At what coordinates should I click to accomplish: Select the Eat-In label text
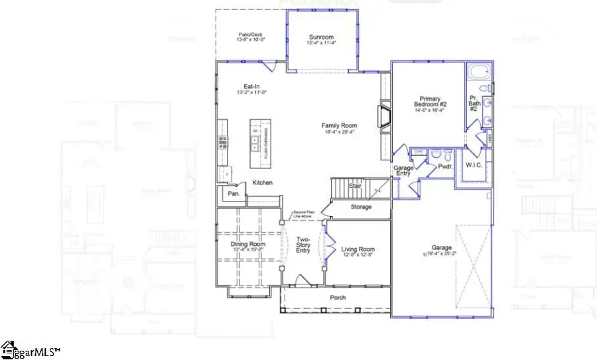tap(251, 87)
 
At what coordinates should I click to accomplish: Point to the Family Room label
tap(339, 125)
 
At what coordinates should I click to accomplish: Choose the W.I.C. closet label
tap(474, 164)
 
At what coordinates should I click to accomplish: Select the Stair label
tap(356, 186)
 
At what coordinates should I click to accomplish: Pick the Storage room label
tap(362, 207)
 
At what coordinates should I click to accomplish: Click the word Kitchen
tap(263, 183)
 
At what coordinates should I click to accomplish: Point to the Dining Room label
tap(248, 245)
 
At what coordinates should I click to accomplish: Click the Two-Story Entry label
tap(303, 245)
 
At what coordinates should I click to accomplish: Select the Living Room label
tap(358, 250)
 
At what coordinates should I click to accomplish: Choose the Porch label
tap(338, 298)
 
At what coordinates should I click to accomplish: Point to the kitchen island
tap(257, 143)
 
